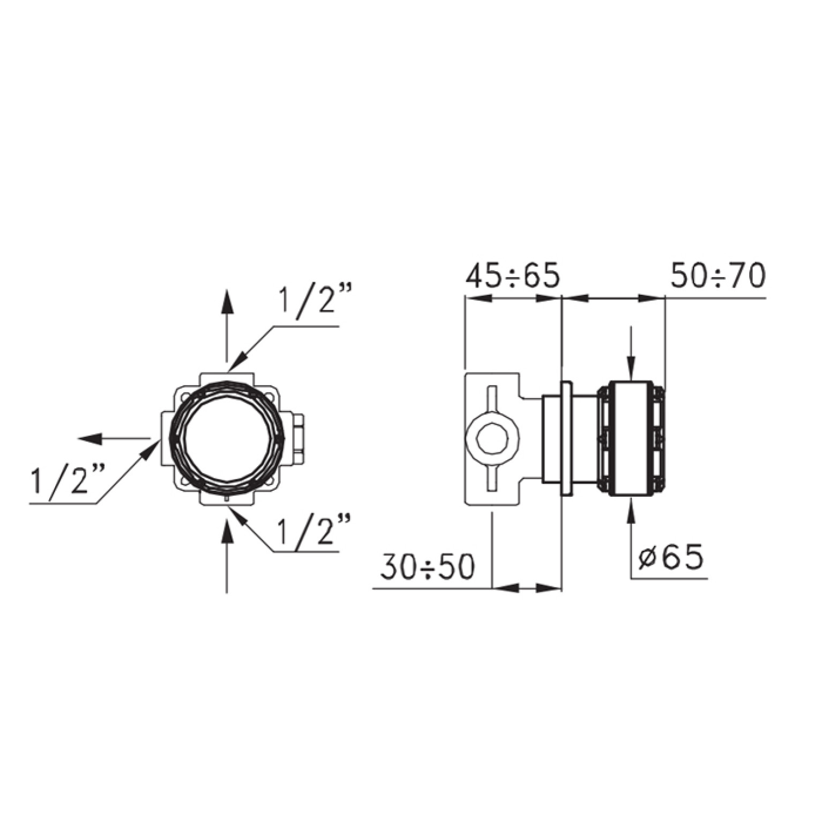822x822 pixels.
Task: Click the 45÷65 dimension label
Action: click(513, 276)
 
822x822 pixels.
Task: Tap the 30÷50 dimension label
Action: click(428, 566)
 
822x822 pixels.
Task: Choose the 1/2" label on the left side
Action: click(68, 481)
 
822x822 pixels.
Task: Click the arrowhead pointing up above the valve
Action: click(227, 301)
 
